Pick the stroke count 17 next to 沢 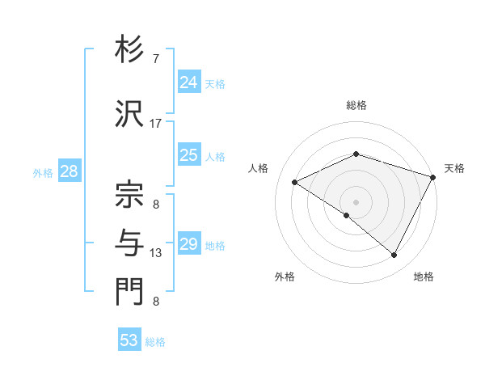pos(156,123)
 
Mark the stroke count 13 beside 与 pos(156,253)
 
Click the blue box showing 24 pos(189,82)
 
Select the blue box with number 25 pos(189,155)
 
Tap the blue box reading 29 pos(189,244)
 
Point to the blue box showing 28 pos(69,171)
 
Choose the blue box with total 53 pos(129,340)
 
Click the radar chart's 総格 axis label pos(356,106)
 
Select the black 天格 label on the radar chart pos(454,168)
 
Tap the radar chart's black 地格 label pos(424,277)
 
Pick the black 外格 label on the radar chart pos(285,277)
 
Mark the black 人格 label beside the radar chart pos(259,168)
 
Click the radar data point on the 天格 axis pos(433,177)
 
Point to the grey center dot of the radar pos(356,201)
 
